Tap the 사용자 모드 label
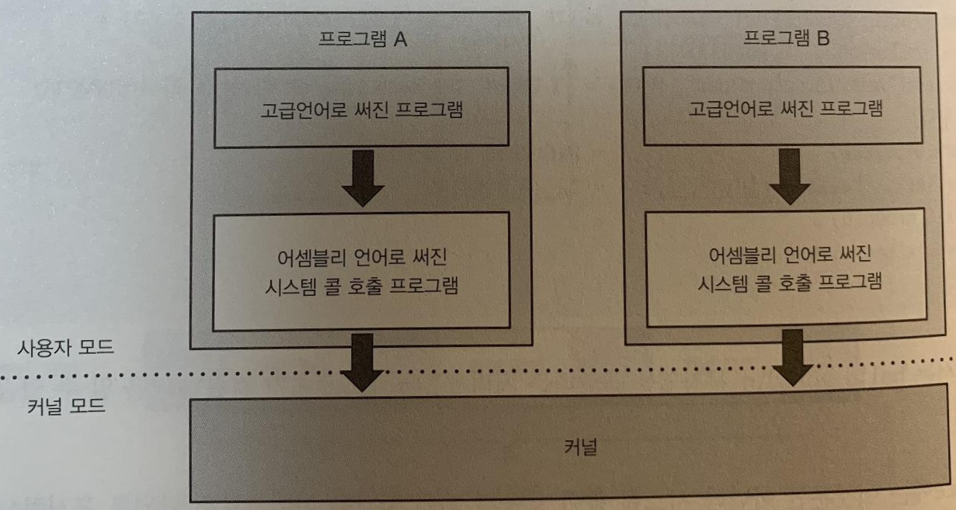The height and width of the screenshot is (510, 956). pos(66,347)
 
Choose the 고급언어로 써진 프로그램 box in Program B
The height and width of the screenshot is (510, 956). pos(785,108)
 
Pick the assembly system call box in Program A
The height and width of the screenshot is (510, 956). pos(361,269)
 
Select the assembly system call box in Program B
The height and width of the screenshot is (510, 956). pos(785,268)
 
